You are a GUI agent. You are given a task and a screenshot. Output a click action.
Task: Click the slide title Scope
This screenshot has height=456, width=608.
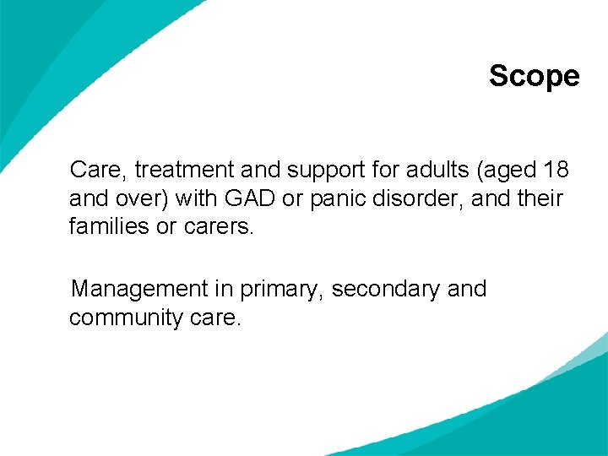[534, 76]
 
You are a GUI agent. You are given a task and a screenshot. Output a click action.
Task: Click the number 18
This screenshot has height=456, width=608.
[556, 170]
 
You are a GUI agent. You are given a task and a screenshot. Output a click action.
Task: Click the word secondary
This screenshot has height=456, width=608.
[385, 290]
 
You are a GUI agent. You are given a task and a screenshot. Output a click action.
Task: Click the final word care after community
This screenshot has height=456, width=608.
[217, 318]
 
